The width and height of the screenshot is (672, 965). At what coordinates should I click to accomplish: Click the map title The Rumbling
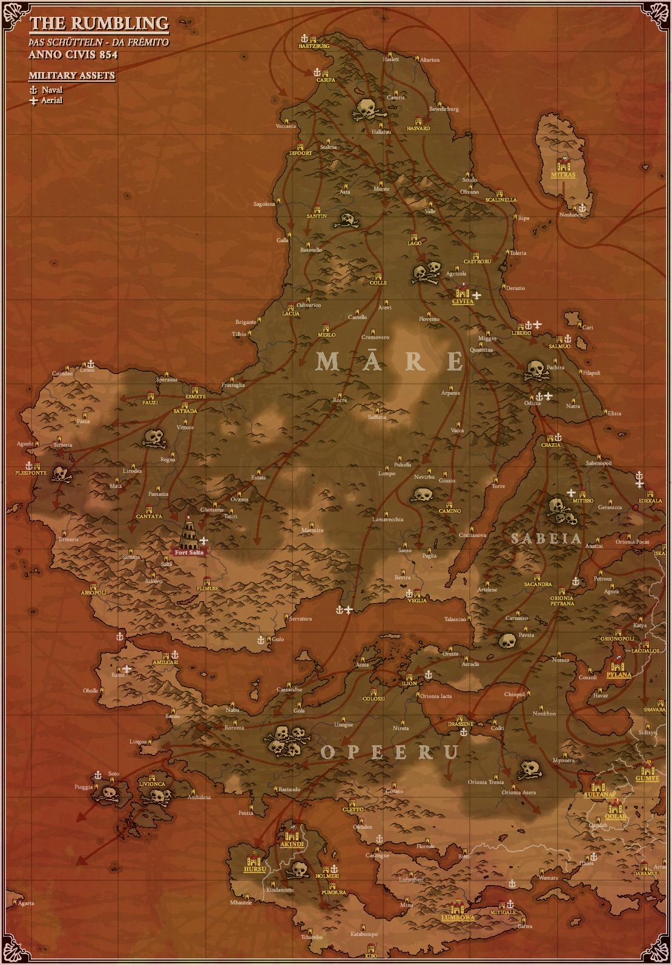click(99, 24)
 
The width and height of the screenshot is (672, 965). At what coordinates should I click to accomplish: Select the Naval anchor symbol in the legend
click(33, 90)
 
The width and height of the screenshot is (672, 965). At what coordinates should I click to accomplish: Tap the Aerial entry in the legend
click(51, 100)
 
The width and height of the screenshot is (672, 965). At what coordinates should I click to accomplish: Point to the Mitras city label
click(562, 175)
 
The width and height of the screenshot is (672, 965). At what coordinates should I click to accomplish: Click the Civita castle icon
click(463, 291)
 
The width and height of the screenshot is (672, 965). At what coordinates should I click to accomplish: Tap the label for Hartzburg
click(314, 46)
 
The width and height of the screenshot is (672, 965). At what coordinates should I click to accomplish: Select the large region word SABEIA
click(546, 538)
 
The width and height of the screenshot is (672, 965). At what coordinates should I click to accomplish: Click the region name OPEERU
click(389, 752)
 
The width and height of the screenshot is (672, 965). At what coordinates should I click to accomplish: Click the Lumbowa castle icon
click(458, 909)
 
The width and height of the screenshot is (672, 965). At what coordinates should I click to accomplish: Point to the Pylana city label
click(619, 675)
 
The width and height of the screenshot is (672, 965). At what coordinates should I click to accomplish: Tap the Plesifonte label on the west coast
click(30, 473)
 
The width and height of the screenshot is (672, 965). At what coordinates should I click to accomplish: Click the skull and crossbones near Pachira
click(535, 371)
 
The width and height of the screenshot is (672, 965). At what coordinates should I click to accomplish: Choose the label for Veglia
click(417, 601)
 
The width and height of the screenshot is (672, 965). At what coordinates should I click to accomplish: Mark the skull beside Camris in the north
click(366, 110)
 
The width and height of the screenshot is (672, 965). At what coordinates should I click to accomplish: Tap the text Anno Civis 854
click(73, 54)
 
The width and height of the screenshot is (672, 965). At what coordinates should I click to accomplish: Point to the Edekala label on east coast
click(651, 501)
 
